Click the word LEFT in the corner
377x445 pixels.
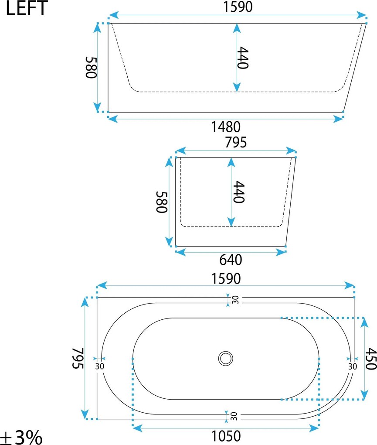click(26, 8)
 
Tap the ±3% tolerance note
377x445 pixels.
click(21, 437)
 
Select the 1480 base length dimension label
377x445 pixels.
click(226, 127)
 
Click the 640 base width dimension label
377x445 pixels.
click(231, 260)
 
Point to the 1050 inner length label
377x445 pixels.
click(226, 436)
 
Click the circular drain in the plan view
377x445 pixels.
click(226, 358)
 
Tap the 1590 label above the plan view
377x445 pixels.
click(226, 279)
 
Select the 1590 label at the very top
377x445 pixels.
click(238, 7)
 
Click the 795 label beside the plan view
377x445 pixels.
click(78, 358)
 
